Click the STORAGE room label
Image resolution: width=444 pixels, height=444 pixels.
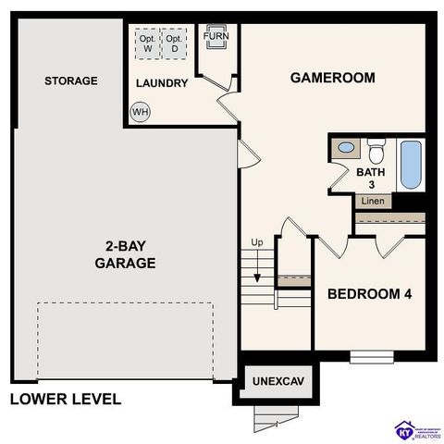[70, 81]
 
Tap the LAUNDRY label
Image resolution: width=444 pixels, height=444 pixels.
[162, 83]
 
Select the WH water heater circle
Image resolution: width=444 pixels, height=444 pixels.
[141, 112]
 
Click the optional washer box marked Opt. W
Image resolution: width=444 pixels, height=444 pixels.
[146, 43]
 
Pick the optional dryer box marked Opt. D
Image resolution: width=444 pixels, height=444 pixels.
[172, 43]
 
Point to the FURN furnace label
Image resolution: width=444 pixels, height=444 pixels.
[216, 37]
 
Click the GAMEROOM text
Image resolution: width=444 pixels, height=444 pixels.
[332, 78]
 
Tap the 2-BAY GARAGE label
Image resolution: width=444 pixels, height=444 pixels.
[124, 254]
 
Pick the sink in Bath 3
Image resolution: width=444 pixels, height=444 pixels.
[346, 148]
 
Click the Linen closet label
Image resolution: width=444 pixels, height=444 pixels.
[373, 201]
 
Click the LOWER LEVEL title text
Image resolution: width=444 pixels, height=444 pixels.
[65, 400]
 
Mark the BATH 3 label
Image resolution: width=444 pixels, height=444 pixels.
[370, 178]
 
